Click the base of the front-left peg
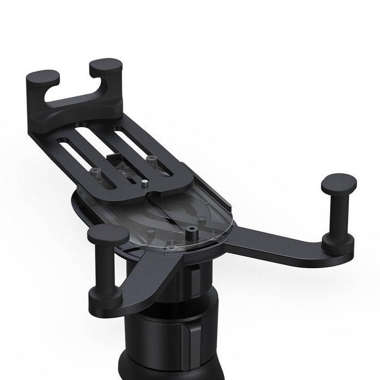coord(105,296)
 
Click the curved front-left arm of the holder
coord(144,271)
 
